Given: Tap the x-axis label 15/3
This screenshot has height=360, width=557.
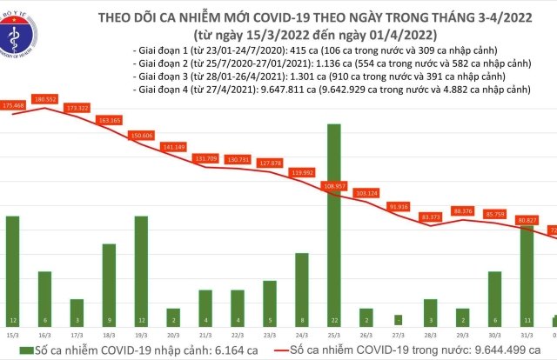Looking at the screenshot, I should pos(12,333).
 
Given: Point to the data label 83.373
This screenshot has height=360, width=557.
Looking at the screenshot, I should pos(429,217).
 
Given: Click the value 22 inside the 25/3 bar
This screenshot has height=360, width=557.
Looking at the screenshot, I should pos(333,319).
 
